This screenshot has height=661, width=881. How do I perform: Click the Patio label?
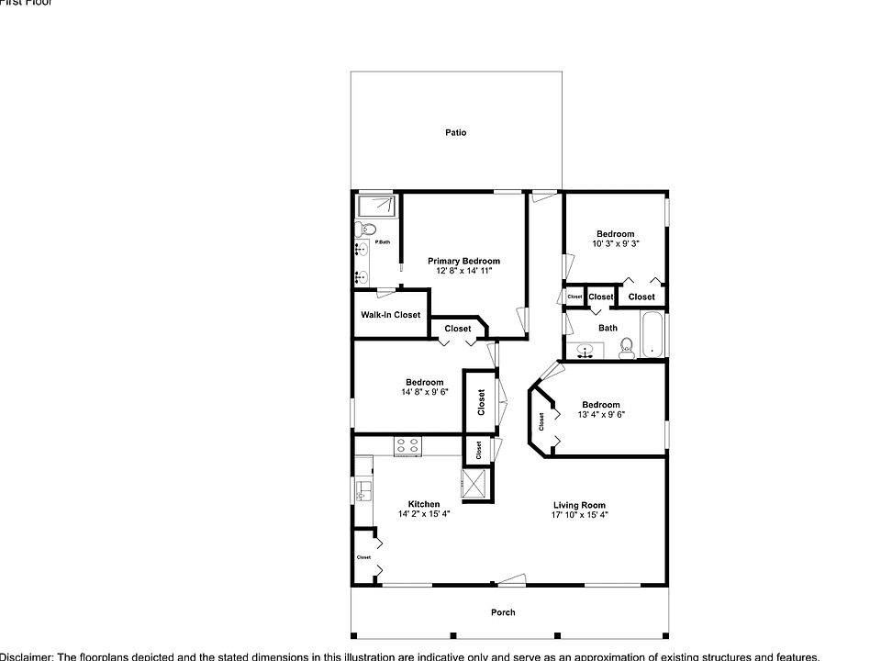coord(456,133)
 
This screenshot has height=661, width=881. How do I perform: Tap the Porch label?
coord(503,612)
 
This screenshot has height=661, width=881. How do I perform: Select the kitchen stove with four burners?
coord(407,446)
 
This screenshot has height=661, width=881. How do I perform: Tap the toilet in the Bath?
coord(628,346)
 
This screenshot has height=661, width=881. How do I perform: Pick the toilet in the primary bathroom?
coord(364,229)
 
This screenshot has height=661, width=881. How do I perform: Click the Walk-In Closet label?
coord(390,315)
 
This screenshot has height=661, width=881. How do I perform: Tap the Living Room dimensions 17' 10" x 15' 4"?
coord(579,515)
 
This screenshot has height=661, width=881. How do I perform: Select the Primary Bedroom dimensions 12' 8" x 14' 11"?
coord(463,272)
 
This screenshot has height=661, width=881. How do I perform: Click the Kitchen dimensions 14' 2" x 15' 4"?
coord(424,514)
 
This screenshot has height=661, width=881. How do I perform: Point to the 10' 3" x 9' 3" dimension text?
coord(615,244)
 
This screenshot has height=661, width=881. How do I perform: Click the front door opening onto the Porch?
coord(509,581)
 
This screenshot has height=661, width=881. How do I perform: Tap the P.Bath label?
coord(383,242)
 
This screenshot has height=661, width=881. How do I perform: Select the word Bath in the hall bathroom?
coord(608,328)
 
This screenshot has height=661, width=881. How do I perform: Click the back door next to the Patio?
coord(544,194)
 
